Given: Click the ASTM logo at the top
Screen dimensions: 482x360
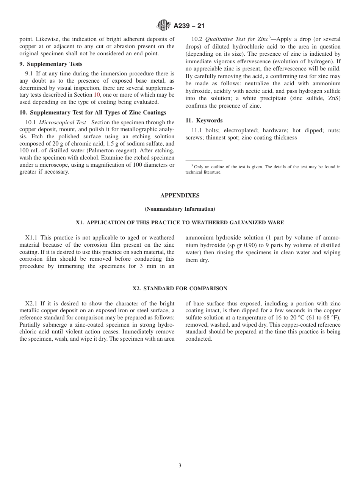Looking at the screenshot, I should click(x=164, y=25).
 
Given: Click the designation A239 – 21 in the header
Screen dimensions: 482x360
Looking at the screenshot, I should click(x=189, y=26).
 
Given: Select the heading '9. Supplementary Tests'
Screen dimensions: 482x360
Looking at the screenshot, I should click(x=51, y=64).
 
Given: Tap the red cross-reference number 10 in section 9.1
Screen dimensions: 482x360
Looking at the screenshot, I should click(x=97, y=95).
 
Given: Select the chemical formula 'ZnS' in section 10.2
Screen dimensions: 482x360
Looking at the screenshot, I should click(x=334, y=99).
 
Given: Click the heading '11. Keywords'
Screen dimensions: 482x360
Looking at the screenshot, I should click(x=204, y=121).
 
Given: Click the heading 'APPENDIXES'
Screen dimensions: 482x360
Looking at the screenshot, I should click(x=180, y=196).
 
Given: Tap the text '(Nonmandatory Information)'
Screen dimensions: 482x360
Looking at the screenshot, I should click(x=180, y=209).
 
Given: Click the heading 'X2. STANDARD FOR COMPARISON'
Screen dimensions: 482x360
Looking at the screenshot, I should click(x=180, y=289).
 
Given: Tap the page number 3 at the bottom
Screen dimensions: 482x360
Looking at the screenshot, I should click(x=180, y=466).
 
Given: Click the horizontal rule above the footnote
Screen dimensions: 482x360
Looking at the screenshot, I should click(x=204, y=160).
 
